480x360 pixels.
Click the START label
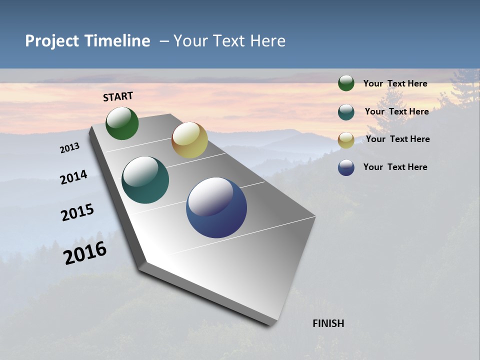(118, 96)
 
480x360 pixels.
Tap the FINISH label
(328, 323)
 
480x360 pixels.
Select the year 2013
(70, 148)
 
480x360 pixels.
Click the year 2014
(74, 177)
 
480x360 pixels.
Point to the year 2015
(77, 212)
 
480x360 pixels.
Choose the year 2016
(85, 252)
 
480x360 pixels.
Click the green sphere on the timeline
(122, 123)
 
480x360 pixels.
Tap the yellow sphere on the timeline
(189, 140)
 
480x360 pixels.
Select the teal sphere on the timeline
(145, 180)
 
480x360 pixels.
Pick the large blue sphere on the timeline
(216, 207)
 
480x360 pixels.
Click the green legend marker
(346, 83)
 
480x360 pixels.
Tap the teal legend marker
(346, 111)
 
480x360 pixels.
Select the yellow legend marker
(346, 139)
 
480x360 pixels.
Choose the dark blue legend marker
(346, 167)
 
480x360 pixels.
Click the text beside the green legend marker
(395, 83)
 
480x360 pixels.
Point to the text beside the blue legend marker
(395, 167)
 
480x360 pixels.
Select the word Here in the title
(267, 41)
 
